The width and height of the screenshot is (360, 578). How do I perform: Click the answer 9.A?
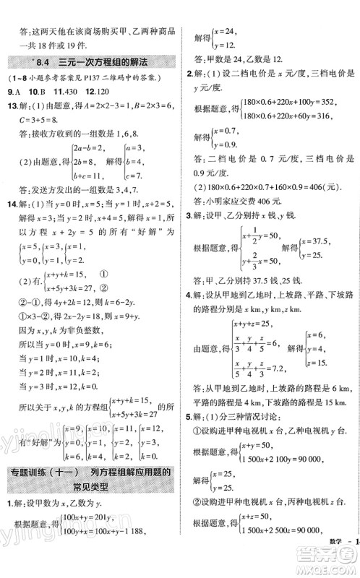[13, 92]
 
